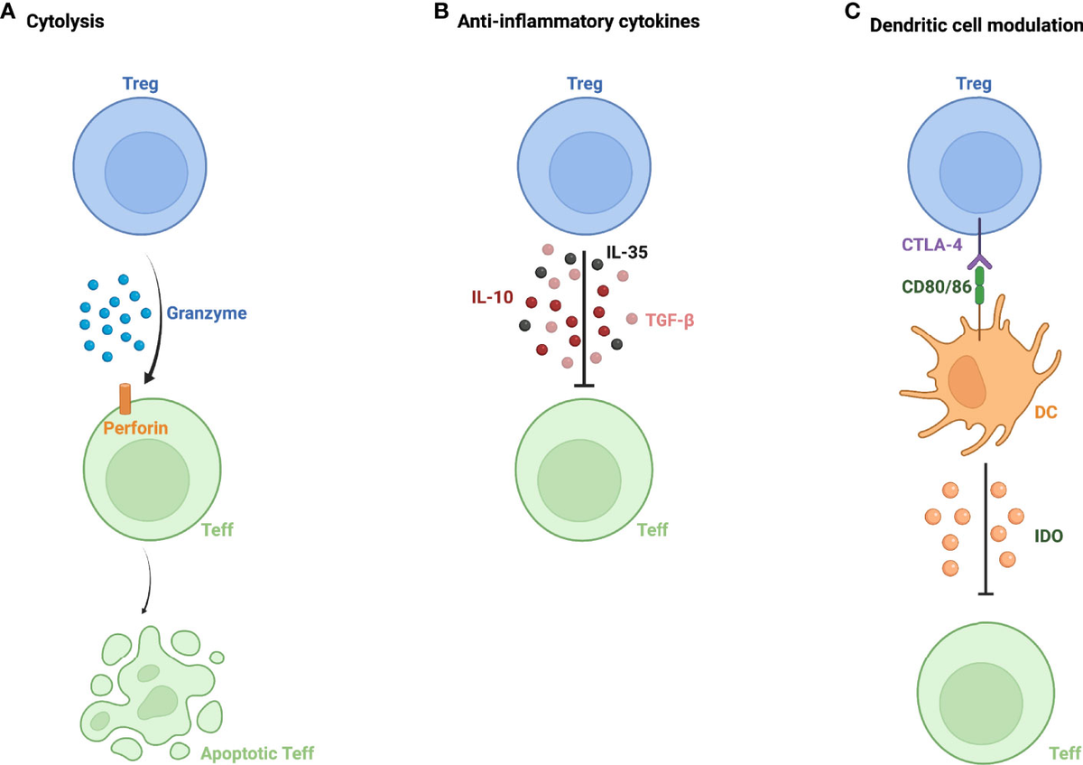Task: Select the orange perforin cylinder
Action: point(125,398)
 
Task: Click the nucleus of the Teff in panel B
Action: point(579,478)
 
